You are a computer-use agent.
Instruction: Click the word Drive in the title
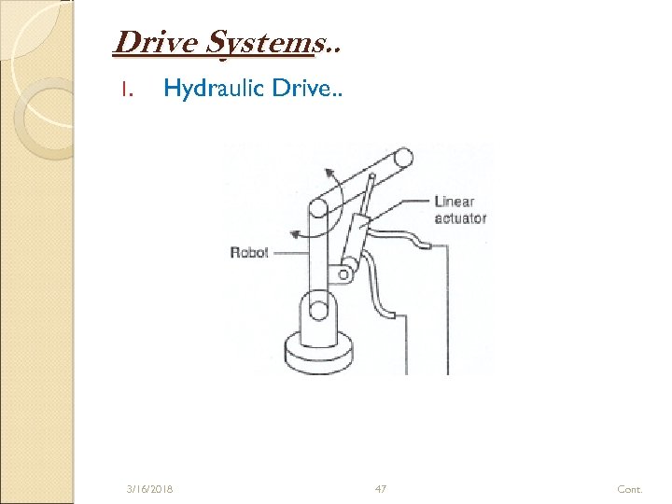click(x=157, y=42)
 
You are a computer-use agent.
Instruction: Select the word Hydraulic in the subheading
click(x=214, y=89)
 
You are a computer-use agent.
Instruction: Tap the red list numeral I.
click(x=126, y=90)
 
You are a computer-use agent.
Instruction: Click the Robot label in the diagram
click(x=249, y=252)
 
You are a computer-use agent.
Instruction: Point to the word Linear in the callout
click(x=455, y=202)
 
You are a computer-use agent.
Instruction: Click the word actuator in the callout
click(x=460, y=218)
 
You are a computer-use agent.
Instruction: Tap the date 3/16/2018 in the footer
click(x=149, y=489)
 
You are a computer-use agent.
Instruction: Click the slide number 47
click(x=381, y=488)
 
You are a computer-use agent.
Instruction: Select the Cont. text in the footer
click(x=630, y=489)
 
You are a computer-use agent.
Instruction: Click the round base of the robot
click(x=319, y=352)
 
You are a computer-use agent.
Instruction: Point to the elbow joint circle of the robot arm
click(x=318, y=209)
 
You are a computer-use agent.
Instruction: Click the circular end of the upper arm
click(x=403, y=158)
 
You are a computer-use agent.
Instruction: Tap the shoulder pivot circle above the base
click(x=318, y=310)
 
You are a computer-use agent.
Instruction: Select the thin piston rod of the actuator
click(x=368, y=194)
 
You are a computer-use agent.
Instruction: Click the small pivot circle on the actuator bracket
click(x=343, y=274)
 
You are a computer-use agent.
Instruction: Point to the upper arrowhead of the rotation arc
click(x=329, y=174)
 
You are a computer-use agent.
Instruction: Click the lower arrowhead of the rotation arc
click(x=295, y=234)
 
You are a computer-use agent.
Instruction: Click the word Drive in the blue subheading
click(x=307, y=89)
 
